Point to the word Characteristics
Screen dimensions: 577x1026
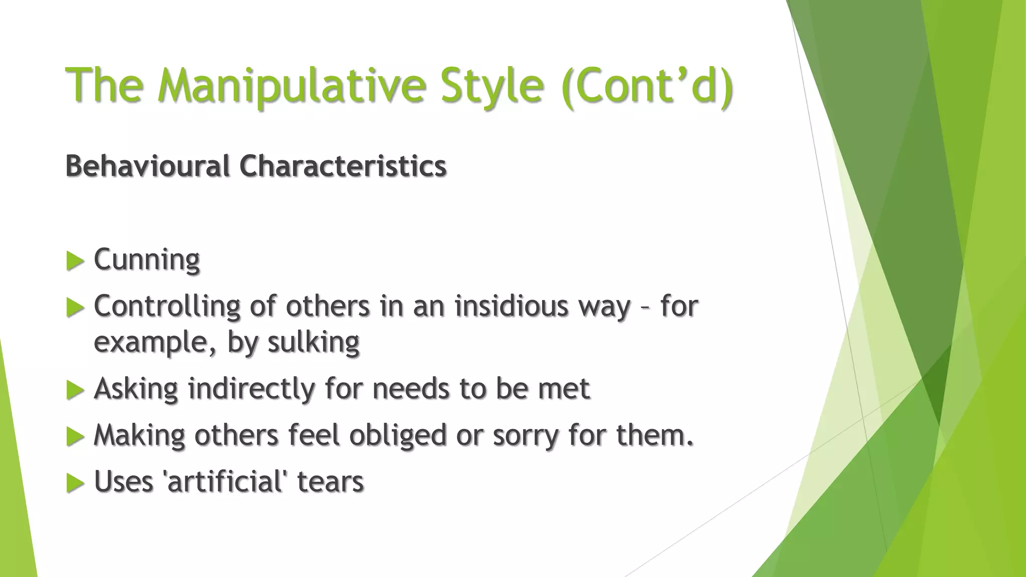343,166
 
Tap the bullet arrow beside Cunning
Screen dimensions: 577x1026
75,261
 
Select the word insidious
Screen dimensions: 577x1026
511,306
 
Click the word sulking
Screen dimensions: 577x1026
313,343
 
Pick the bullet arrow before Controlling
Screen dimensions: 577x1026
75,307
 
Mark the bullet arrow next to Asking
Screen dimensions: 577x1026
75,390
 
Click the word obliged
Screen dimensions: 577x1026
397,435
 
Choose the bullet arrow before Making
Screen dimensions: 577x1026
75,436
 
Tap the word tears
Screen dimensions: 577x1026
330,481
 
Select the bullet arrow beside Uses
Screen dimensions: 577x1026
75,483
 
